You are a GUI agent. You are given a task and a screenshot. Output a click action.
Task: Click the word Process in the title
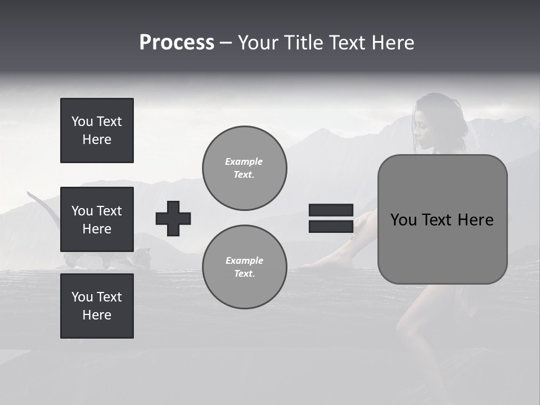(x=177, y=43)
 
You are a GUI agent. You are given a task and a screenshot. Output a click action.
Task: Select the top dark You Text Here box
(x=97, y=130)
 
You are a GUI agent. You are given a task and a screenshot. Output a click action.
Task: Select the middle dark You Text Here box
(x=97, y=219)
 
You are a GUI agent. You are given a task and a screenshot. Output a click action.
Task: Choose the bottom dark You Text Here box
(x=97, y=306)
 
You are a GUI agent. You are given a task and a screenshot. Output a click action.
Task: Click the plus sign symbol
(x=173, y=218)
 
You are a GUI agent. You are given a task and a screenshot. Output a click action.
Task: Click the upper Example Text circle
(x=244, y=168)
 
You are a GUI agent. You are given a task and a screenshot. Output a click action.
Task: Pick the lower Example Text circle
(x=244, y=267)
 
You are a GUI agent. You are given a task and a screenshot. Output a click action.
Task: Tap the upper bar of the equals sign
(x=331, y=210)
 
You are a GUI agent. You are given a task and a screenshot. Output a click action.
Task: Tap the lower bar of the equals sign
(x=331, y=227)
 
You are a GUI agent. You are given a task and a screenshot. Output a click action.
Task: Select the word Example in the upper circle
(x=244, y=161)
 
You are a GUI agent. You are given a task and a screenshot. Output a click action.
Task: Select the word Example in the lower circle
(x=244, y=260)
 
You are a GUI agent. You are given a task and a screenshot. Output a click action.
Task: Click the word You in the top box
(x=82, y=121)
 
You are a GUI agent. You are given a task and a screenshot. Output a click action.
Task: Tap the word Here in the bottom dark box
(x=97, y=315)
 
